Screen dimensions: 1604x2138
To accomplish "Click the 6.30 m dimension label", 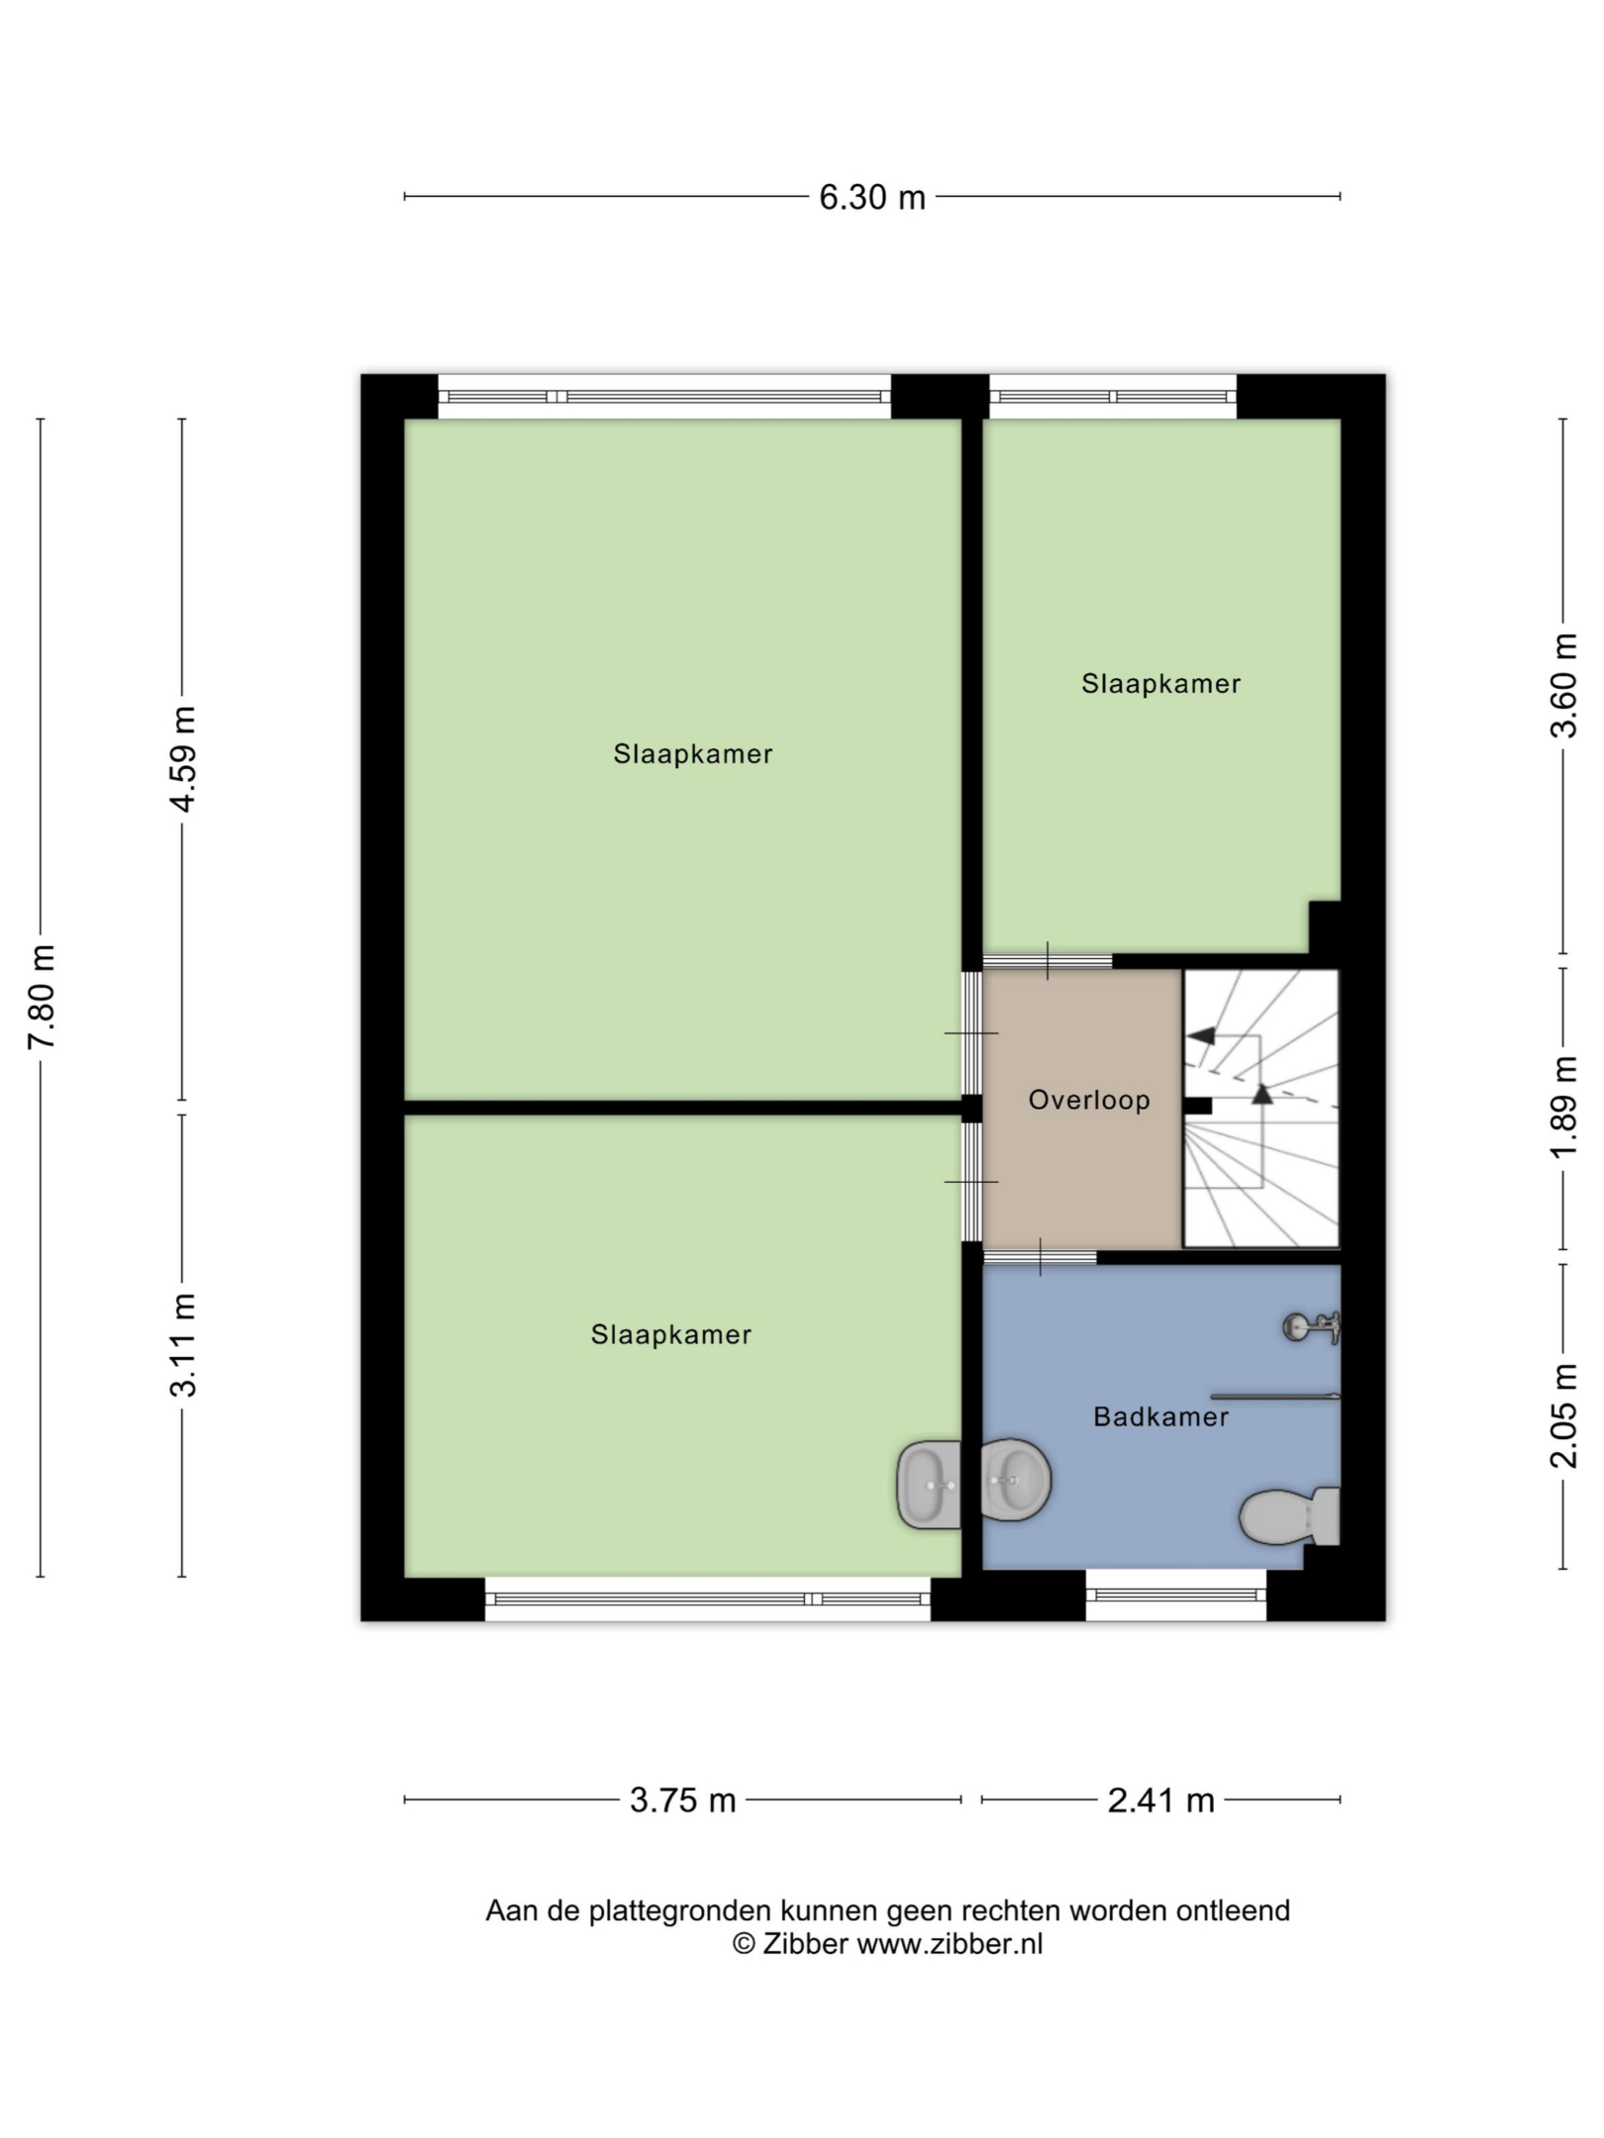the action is (871, 198).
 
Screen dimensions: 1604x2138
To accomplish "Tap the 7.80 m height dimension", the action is (42, 997).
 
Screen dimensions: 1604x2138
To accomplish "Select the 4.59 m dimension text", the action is (183, 759).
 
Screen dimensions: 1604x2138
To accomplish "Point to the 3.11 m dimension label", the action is (183, 1344).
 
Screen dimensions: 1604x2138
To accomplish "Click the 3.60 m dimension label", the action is (1563, 686).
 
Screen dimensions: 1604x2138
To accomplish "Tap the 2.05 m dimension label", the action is (1563, 1416).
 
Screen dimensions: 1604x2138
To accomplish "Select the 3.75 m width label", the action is (683, 1800).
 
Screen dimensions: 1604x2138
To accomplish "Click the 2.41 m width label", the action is (1160, 1800).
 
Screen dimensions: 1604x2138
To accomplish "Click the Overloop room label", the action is (1089, 1100).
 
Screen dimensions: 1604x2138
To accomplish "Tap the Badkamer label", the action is (1161, 1416).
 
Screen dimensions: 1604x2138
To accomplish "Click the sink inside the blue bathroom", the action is (1016, 1479).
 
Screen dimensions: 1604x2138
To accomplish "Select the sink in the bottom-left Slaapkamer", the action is (929, 1485).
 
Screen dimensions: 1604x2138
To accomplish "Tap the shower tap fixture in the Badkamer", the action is (1312, 1327).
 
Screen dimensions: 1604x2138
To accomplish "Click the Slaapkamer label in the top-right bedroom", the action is (1160, 684).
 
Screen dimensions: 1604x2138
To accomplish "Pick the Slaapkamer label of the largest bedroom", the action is (693, 754).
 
